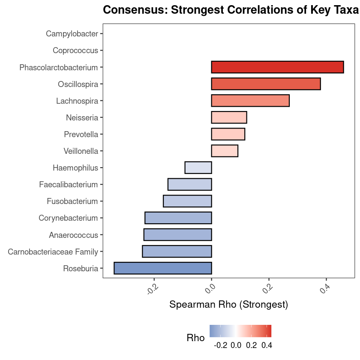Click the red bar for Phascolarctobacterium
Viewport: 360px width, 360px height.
coord(277,67)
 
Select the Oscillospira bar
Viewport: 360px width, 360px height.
coord(266,84)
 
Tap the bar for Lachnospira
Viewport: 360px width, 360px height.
coord(250,101)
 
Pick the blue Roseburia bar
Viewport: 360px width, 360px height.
coord(163,268)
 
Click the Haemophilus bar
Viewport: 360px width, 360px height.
coord(198,168)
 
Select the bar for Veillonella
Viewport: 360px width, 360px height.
coord(225,151)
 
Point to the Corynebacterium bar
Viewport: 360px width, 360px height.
coord(178,218)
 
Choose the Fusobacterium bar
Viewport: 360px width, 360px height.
coord(187,201)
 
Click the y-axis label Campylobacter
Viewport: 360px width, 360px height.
coord(72,34)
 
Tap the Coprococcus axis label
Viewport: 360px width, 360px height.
coord(75,51)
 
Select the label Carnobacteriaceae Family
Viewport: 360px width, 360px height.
coord(53,252)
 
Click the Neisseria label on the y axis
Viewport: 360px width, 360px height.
coord(82,117)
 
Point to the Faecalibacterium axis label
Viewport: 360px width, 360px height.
coord(69,185)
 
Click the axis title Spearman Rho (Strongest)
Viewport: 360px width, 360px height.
coord(228,305)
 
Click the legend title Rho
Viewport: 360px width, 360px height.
coord(195,338)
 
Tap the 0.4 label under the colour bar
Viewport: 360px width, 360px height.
coord(267,345)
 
